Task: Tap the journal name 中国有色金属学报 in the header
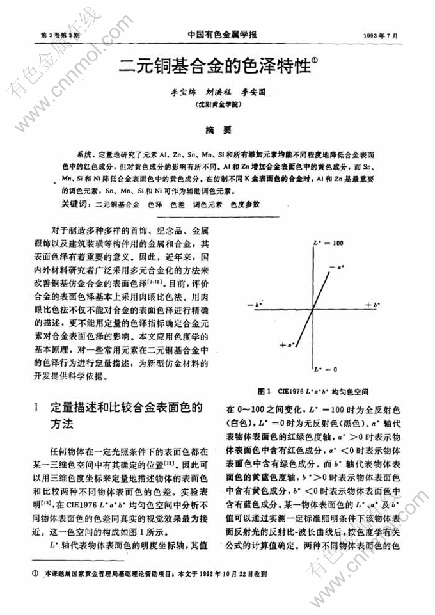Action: click(x=218, y=36)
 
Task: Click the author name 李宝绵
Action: click(x=170, y=92)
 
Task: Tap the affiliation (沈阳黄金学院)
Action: click(x=217, y=103)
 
